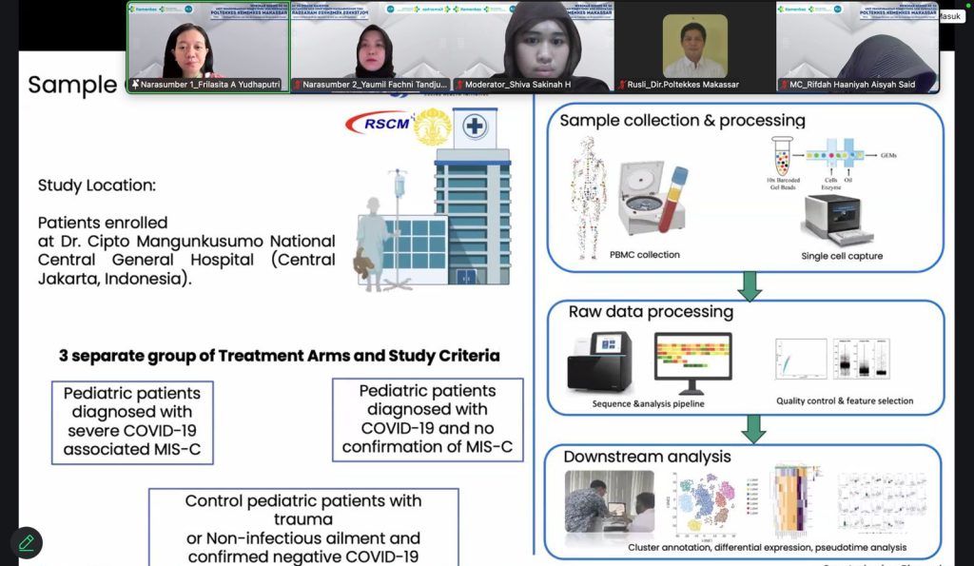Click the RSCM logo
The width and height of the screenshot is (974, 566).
(x=378, y=123)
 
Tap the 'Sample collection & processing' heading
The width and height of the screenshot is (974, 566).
(x=682, y=121)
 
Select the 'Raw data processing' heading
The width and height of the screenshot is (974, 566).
(x=651, y=312)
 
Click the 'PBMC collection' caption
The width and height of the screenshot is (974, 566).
(x=646, y=254)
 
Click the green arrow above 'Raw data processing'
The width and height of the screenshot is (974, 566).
(x=750, y=284)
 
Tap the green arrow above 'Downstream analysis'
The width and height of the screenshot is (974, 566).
(x=753, y=428)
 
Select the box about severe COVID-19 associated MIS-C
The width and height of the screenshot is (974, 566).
(x=132, y=421)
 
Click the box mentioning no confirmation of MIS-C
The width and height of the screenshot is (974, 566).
(x=427, y=419)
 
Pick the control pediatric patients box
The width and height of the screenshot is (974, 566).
(x=303, y=528)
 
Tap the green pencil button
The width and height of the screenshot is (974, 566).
(x=27, y=542)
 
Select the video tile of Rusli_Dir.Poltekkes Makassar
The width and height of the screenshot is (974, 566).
(x=695, y=48)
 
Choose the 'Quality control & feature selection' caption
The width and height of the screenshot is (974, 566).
(x=844, y=401)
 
